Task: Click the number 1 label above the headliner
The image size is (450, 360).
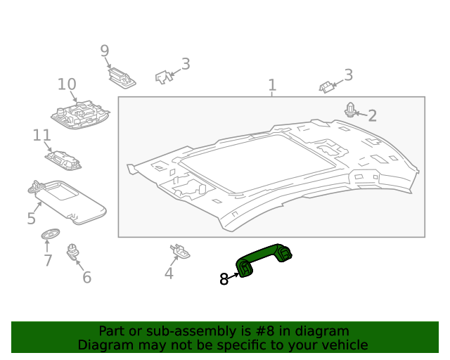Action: point(272,86)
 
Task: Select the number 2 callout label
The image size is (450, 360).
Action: point(372,115)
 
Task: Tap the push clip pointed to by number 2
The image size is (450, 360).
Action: point(350,109)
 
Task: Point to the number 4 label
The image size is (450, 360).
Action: point(169,274)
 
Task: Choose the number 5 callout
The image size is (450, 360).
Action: point(31,218)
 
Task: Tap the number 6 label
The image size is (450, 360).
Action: point(86,277)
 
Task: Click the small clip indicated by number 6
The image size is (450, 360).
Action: point(72,251)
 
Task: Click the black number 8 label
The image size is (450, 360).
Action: point(224,279)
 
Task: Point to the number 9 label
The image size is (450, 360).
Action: point(105,51)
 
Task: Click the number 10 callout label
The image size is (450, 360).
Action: point(67,84)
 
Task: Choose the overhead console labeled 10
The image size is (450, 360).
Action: point(82,114)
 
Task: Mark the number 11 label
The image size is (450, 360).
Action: point(41,135)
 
